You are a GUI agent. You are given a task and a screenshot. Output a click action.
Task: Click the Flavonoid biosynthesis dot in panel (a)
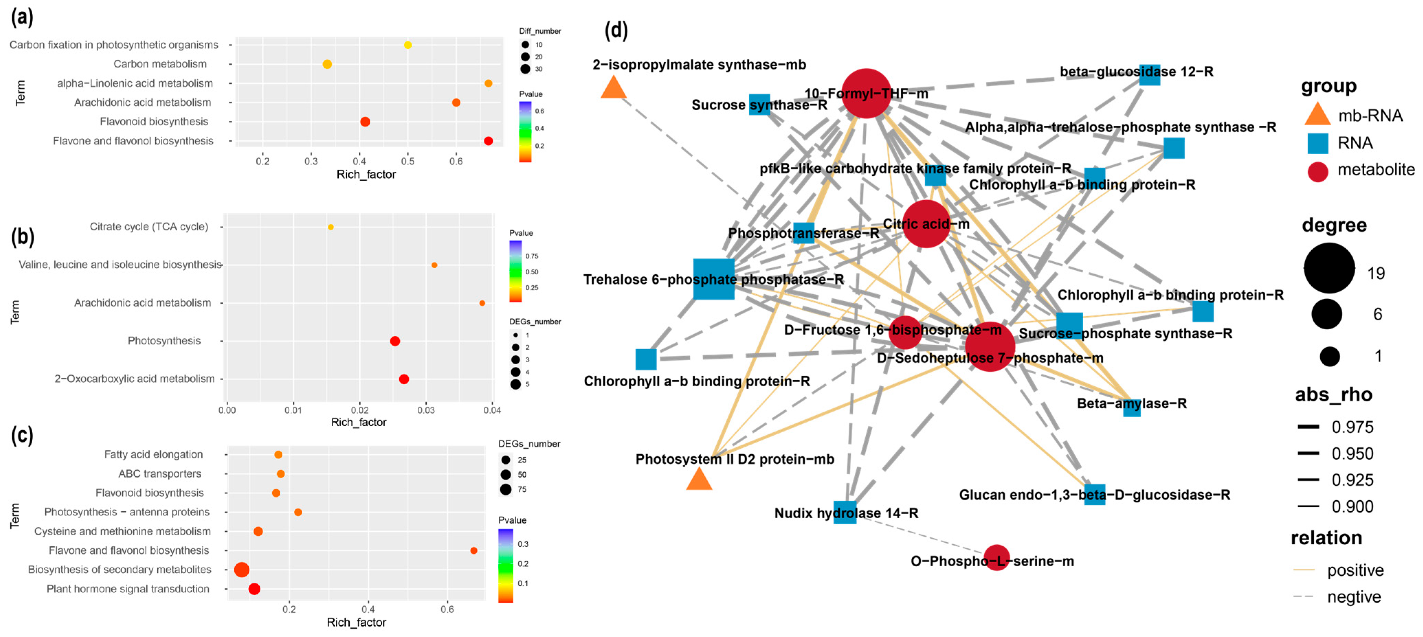click(x=365, y=122)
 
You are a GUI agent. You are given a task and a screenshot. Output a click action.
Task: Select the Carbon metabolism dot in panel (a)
click(x=327, y=64)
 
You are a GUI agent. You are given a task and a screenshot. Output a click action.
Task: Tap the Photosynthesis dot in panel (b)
click(x=395, y=341)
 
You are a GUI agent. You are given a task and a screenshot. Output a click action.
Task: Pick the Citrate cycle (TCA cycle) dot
click(x=331, y=227)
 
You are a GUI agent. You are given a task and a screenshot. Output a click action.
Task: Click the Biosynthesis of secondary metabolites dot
click(x=242, y=570)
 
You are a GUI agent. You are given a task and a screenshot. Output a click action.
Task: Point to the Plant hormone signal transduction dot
click(x=254, y=589)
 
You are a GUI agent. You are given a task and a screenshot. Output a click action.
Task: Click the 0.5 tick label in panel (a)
click(x=408, y=161)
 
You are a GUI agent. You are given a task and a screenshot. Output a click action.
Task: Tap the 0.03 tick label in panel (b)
click(x=426, y=410)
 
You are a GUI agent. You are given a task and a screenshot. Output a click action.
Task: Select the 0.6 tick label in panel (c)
click(x=447, y=610)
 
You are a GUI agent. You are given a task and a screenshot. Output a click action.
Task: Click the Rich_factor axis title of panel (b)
click(x=359, y=422)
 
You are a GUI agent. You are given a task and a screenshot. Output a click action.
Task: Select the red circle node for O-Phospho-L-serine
click(x=997, y=558)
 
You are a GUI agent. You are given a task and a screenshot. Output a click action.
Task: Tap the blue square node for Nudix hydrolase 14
click(x=845, y=512)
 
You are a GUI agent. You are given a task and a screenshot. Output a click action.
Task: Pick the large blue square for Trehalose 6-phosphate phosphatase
click(x=714, y=279)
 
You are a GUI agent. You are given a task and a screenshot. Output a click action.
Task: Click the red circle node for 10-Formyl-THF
click(x=866, y=93)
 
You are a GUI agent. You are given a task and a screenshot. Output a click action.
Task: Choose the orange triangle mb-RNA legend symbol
click(x=1318, y=115)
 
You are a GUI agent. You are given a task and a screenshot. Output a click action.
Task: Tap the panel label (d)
click(x=616, y=30)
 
